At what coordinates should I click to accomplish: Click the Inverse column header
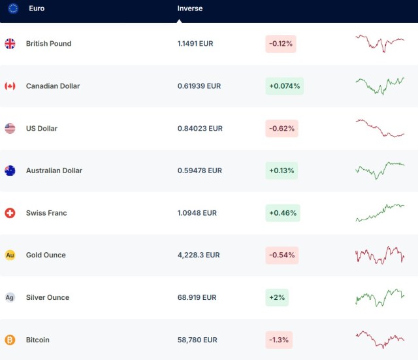[190, 8]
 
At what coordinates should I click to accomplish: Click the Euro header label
[37, 8]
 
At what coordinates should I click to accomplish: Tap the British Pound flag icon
[10, 44]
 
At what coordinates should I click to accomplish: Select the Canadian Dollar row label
[53, 86]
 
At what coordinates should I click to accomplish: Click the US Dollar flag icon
[10, 128]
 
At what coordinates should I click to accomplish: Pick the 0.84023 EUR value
[200, 129]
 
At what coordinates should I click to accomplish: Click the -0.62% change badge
[281, 129]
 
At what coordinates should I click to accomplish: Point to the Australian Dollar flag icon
[10, 171]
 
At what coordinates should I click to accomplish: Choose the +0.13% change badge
[281, 171]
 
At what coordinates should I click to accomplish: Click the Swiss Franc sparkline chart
[379, 212]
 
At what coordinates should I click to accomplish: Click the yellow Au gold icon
[10, 255]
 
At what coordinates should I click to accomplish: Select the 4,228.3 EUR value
[199, 255]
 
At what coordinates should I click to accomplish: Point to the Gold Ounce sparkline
[379, 255]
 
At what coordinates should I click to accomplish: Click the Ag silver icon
[10, 297]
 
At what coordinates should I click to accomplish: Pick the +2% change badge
[276, 297]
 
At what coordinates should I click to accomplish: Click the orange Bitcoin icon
[10, 340]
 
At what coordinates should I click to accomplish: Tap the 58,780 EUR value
[197, 340]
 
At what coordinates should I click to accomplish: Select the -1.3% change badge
[278, 340]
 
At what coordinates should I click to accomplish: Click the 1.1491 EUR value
[195, 44]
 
